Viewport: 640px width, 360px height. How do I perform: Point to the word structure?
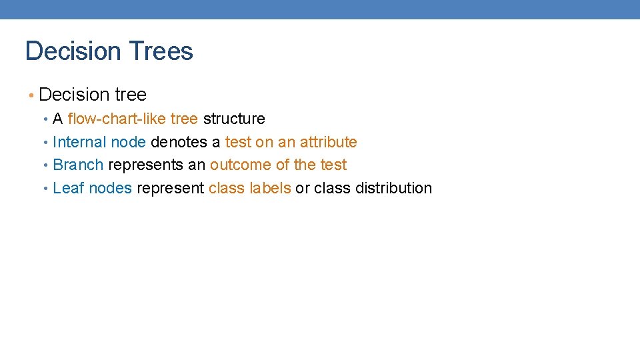(234, 119)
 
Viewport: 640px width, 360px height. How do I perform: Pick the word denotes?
(179, 142)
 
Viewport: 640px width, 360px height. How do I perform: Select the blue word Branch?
(78, 165)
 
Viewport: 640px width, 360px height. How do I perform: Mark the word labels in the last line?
(270, 188)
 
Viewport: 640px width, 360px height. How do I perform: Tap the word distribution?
(393, 188)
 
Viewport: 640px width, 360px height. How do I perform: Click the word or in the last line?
(303, 189)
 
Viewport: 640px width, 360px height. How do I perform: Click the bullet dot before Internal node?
(45, 143)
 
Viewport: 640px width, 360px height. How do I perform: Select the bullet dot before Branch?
(45, 165)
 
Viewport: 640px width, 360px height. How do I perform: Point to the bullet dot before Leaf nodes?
(45, 189)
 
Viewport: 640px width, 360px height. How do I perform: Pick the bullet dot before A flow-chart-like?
(45, 119)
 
